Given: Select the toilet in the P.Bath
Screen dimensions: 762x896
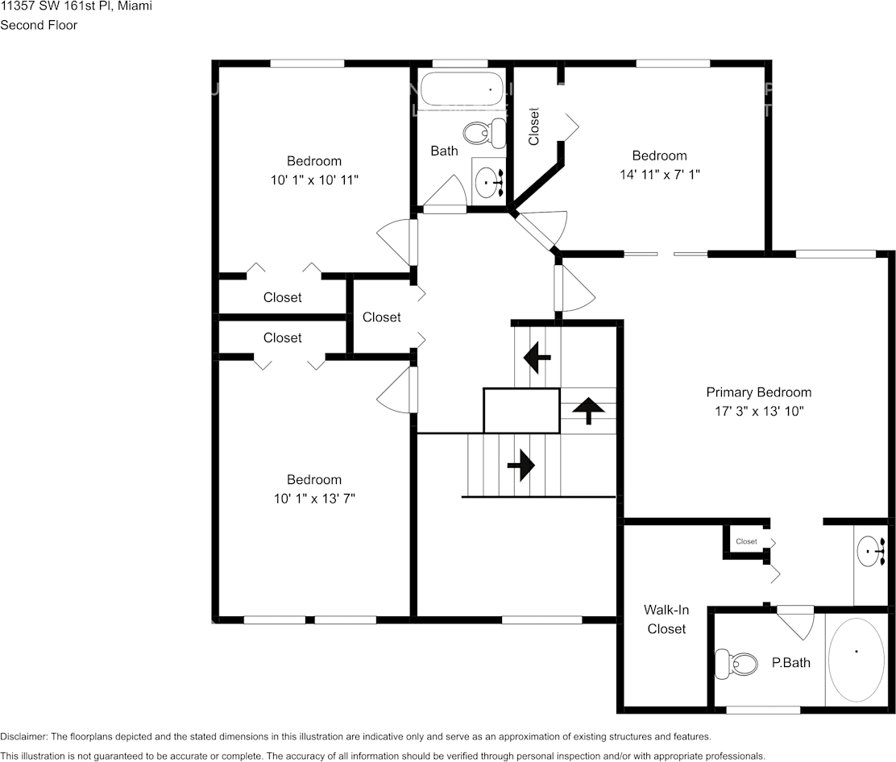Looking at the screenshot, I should tap(738, 664).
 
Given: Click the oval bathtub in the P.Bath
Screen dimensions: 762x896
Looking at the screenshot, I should tap(857, 660).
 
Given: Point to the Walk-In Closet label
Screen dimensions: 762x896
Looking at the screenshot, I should tap(666, 619).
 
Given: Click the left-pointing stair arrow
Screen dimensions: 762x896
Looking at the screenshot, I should tap(537, 355).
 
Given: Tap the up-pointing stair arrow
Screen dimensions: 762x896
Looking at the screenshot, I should tap(588, 410).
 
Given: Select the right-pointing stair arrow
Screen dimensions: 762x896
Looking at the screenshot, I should tap(521, 465).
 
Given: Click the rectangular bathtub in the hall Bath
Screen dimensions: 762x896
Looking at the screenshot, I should tap(463, 89).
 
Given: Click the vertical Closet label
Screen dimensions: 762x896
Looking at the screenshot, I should tap(533, 126).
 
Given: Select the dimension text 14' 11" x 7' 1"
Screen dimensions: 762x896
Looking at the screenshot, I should tap(659, 173).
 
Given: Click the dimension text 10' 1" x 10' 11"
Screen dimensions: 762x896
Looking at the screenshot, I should tap(314, 179).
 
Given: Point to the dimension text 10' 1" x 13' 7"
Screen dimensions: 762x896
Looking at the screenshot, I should tap(314, 498).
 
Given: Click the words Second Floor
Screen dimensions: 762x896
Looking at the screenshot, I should tap(39, 25).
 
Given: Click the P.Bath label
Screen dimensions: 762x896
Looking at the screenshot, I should tap(790, 663).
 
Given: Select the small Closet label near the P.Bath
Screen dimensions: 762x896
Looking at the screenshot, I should tap(746, 541).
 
